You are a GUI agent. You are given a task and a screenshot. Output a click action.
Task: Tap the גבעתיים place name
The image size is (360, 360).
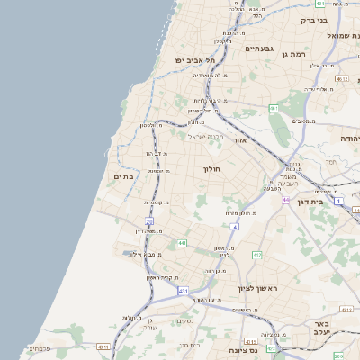[259, 49]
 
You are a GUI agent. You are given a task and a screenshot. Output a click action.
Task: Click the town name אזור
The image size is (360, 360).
[239, 140]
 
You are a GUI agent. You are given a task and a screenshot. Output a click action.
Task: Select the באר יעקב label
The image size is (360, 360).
[323, 327]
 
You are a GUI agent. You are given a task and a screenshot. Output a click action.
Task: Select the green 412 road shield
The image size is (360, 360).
[256, 255]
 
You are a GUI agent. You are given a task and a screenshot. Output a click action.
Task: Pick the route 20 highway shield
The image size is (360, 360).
[149, 220]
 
